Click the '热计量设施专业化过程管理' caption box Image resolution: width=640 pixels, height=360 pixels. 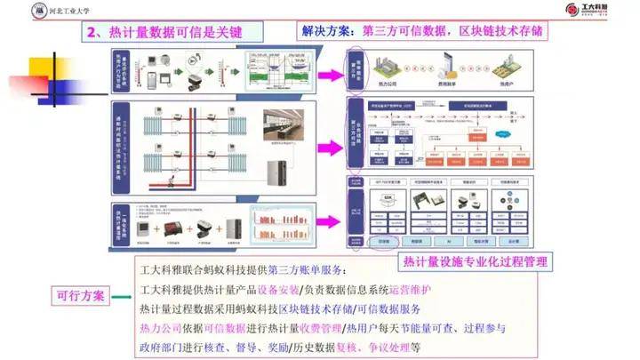[476, 261]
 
